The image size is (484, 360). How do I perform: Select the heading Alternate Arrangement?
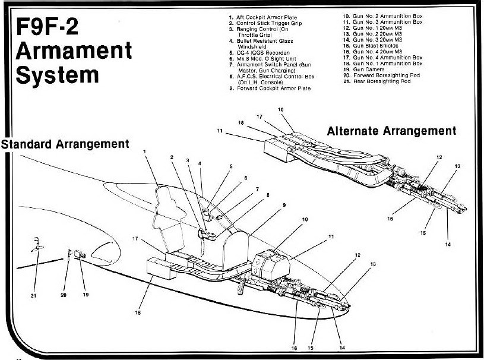[391, 131]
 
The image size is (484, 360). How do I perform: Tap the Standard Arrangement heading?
[65, 144]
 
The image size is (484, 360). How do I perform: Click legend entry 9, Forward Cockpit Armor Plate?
[270, 88]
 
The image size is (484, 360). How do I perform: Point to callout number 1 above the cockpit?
[144, 152]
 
